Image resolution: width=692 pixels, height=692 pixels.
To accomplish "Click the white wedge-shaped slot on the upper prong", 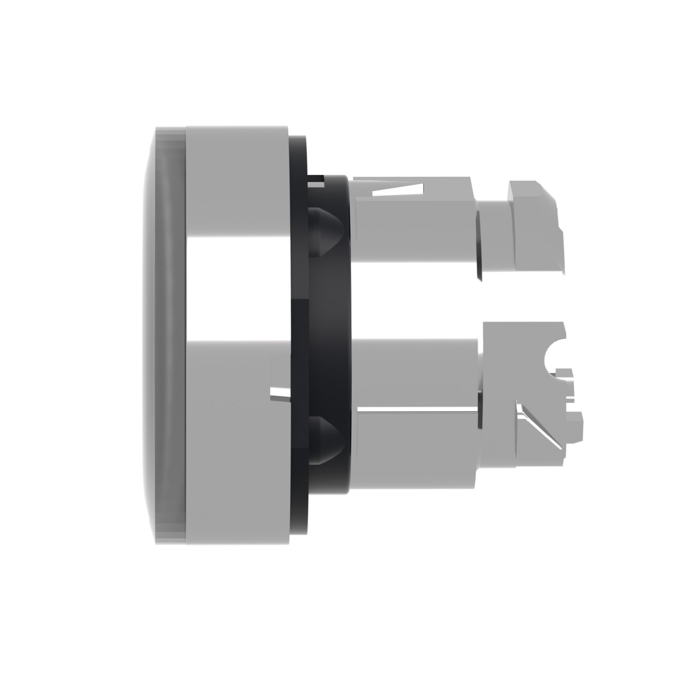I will (401, 190).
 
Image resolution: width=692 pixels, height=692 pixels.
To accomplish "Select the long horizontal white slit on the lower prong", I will (415, 409).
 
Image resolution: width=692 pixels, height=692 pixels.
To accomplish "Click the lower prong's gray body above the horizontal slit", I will (415, 374).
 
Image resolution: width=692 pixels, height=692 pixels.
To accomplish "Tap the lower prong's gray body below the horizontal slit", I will (415, 447).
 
